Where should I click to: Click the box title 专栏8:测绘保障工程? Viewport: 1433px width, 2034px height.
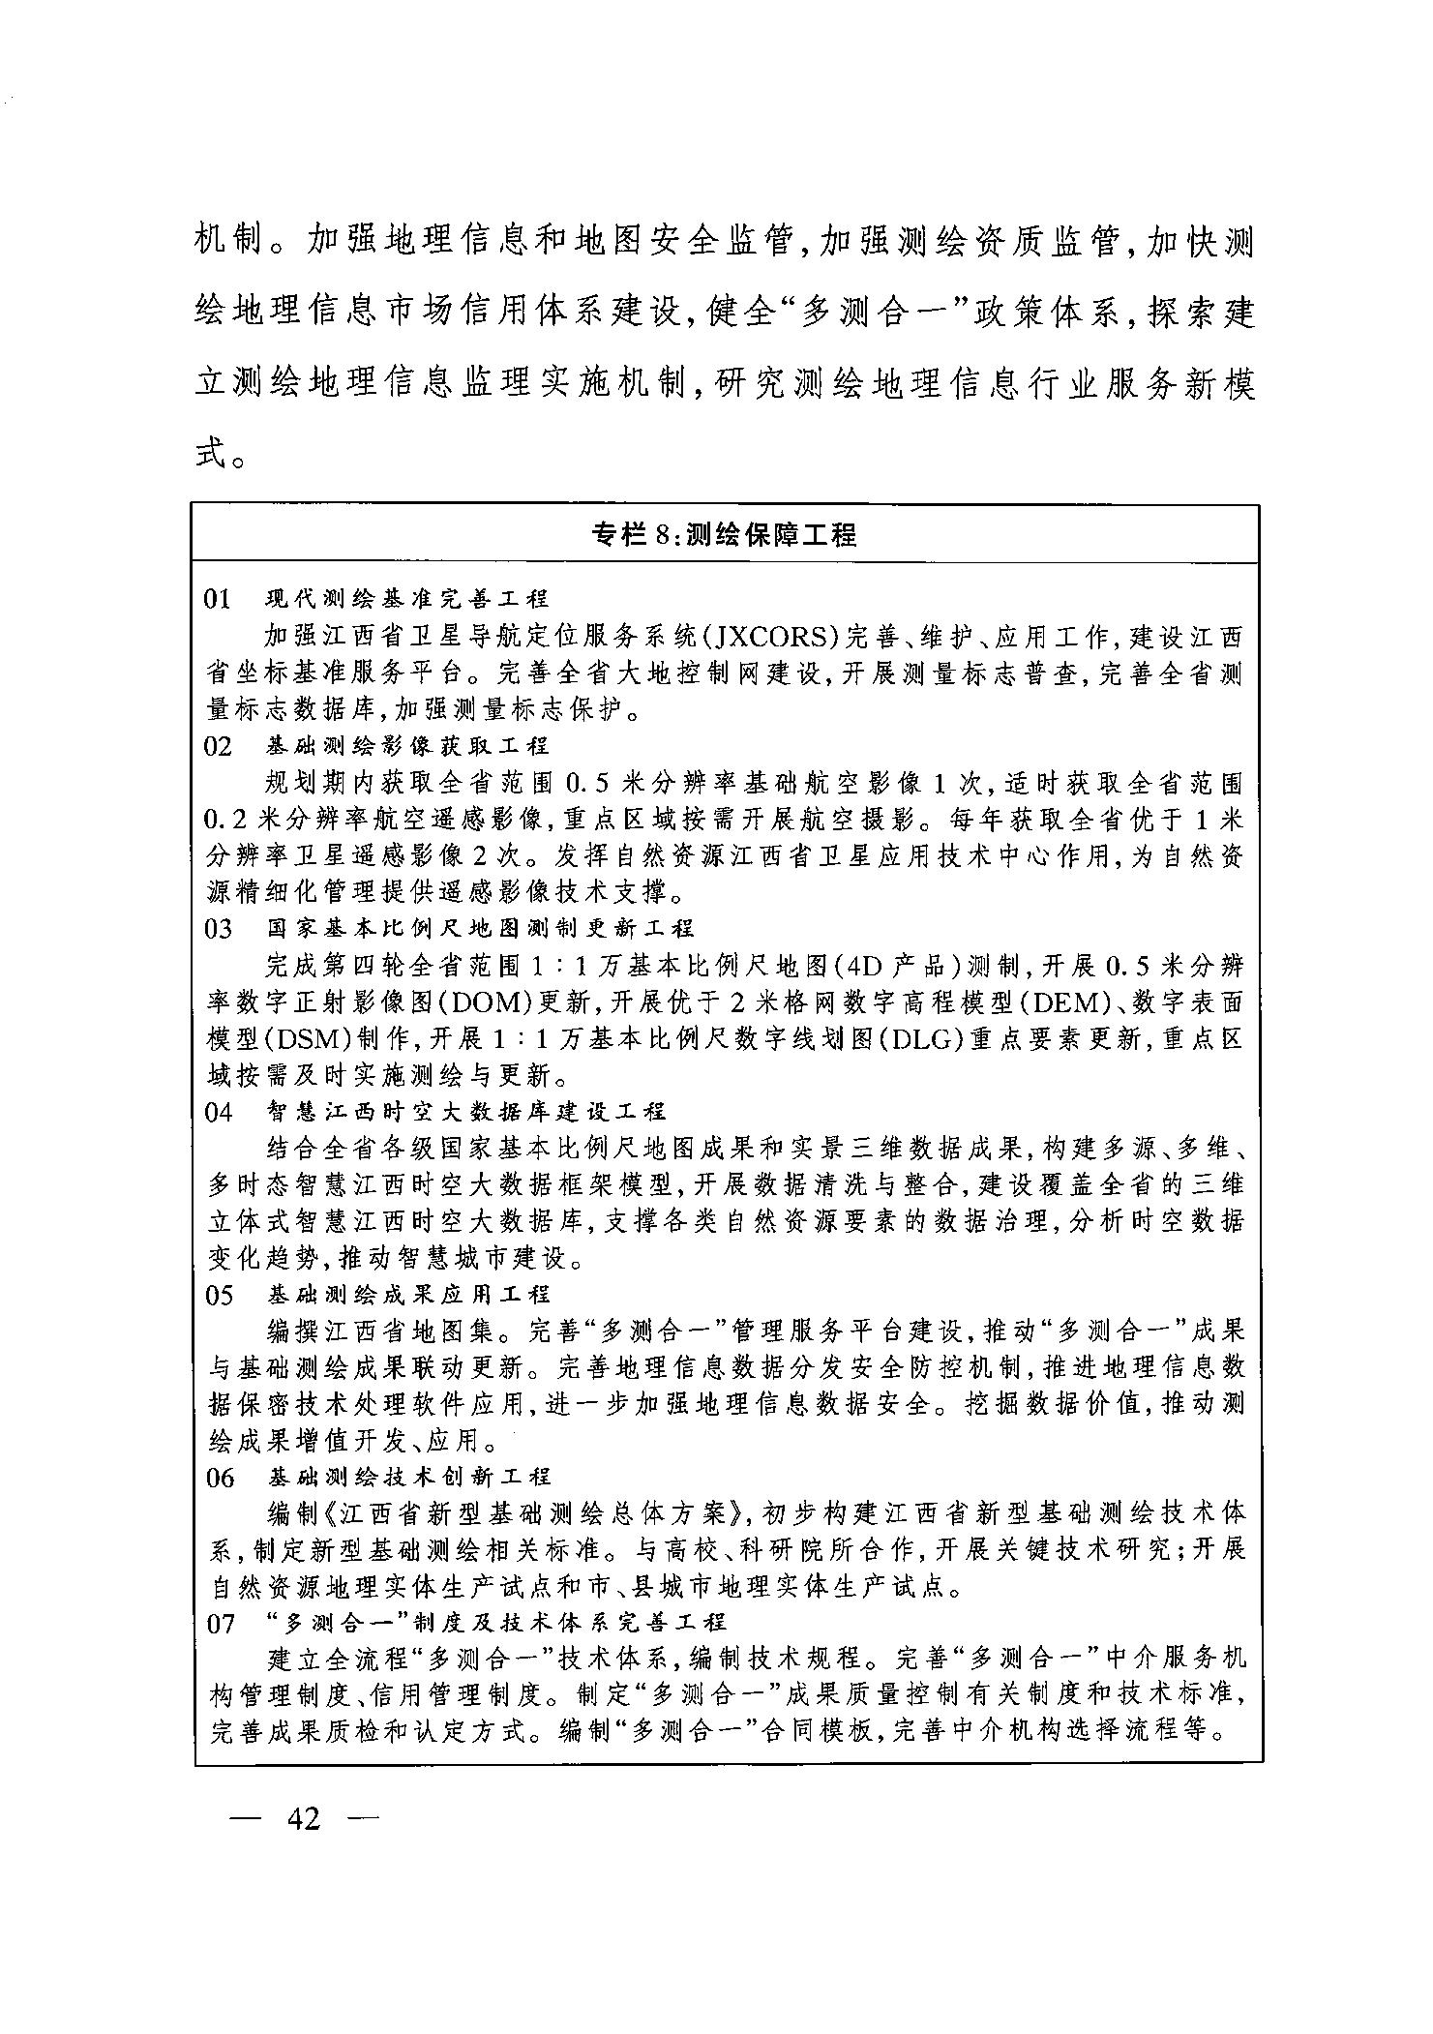coord(725,533)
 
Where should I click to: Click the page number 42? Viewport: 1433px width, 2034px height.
coord(303,1819)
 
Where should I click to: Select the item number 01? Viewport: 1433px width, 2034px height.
coord(219,600)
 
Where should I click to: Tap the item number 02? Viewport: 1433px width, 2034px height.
coord(219,746)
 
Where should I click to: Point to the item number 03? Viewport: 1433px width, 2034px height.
coord(220,929)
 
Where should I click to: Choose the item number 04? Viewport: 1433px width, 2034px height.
coord(220,1112)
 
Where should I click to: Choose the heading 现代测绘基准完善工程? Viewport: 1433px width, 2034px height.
coord(407,600)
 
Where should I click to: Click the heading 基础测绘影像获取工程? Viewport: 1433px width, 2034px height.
coord(407,746)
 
